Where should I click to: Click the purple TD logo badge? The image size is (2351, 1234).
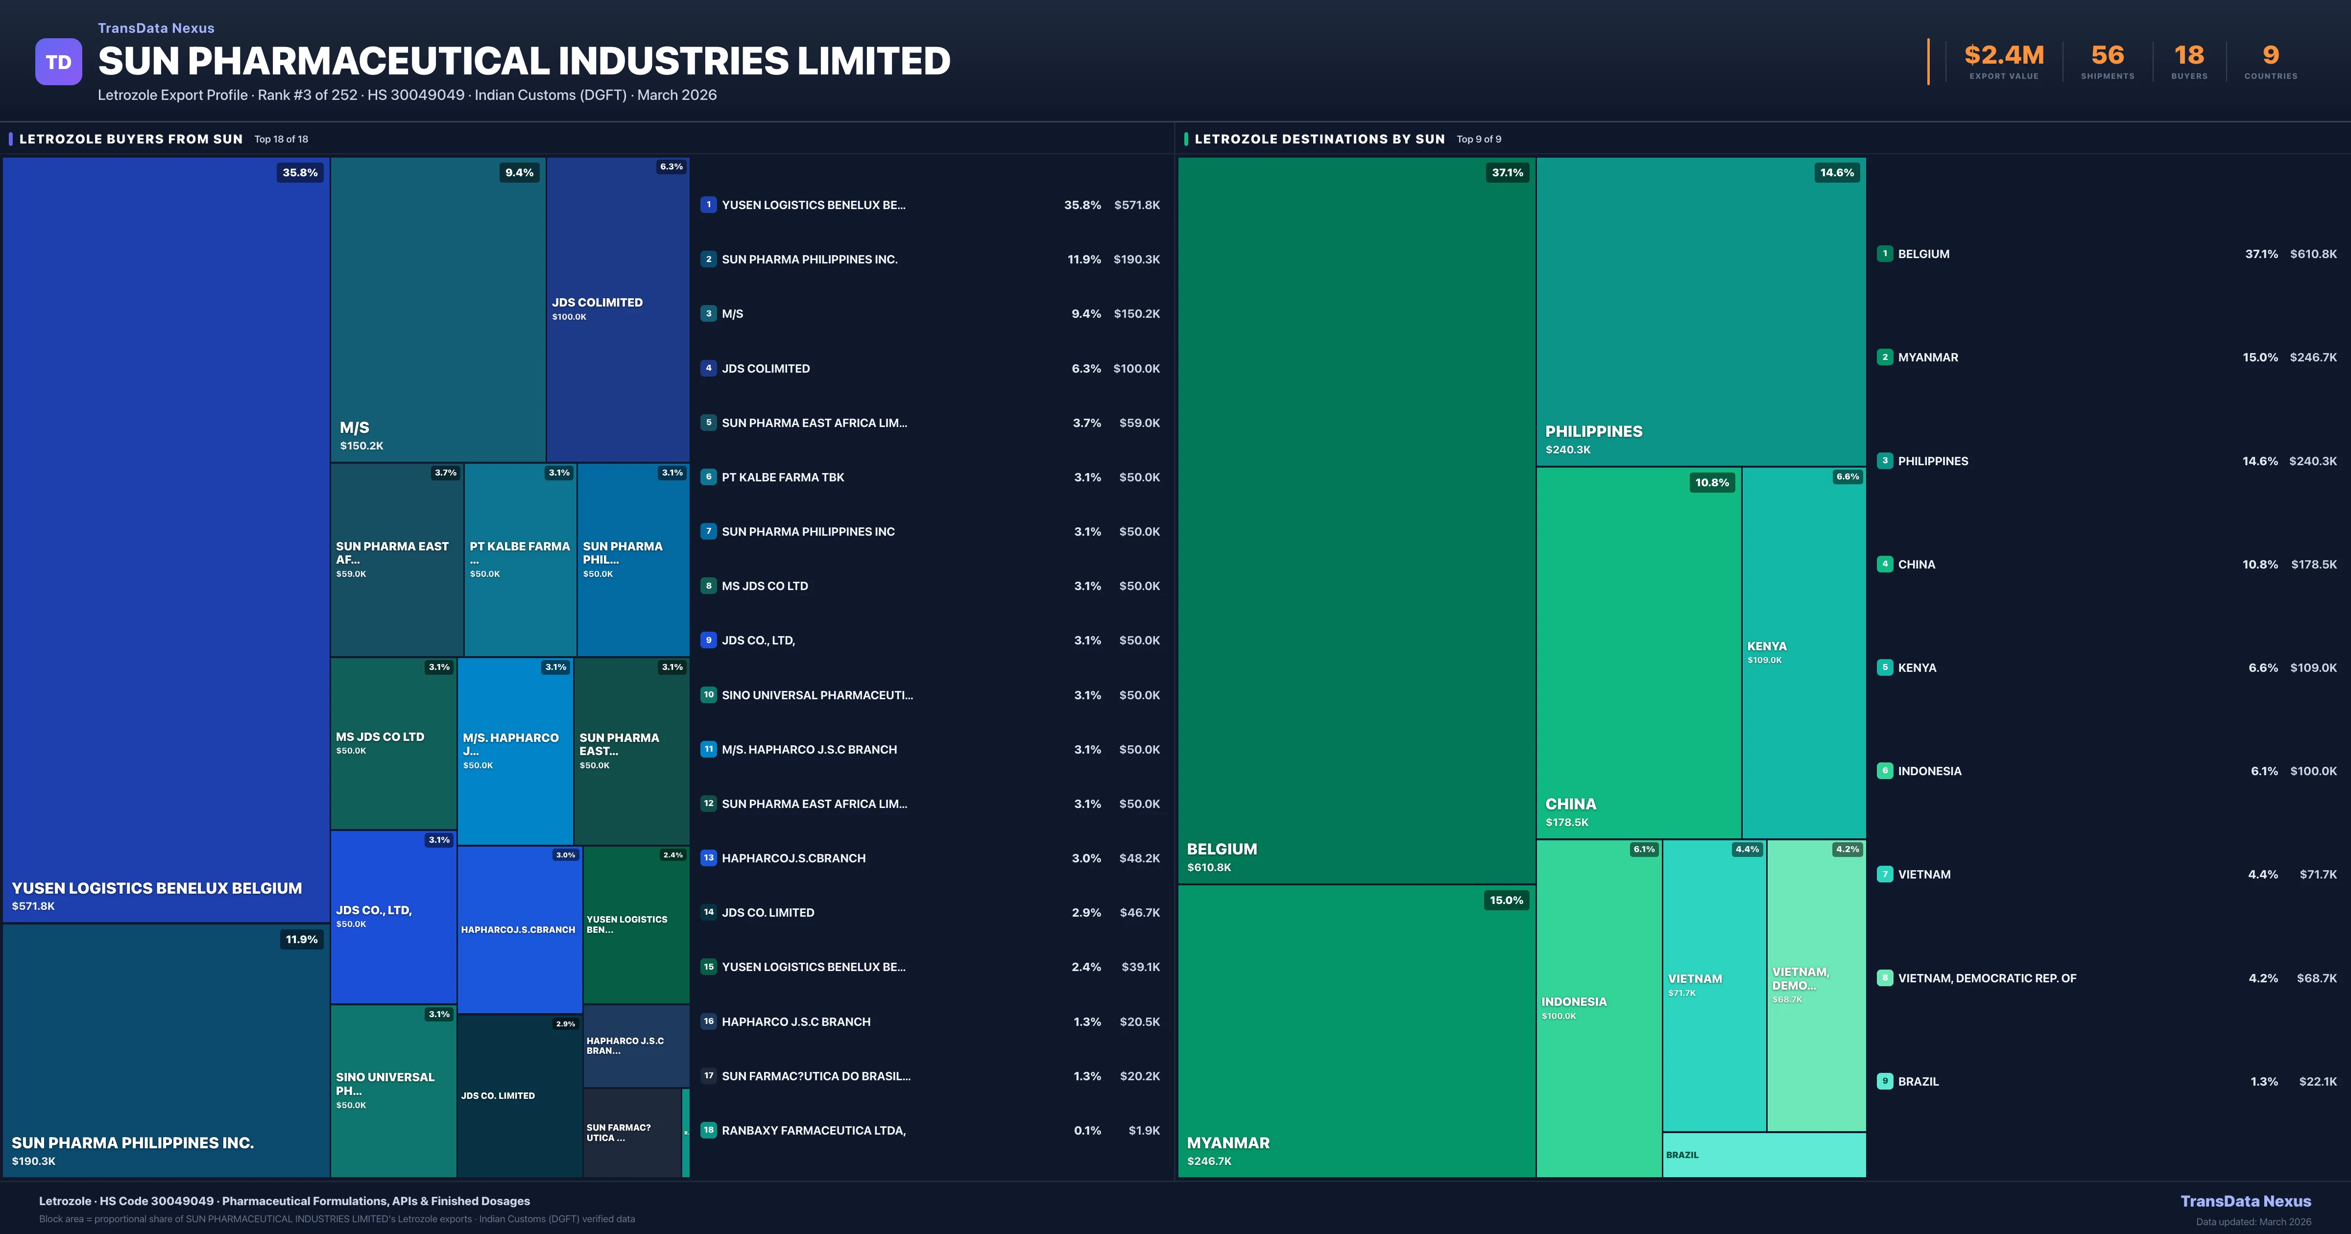(x=58, y=62)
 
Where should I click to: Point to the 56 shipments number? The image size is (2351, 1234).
(x=2107, y=56)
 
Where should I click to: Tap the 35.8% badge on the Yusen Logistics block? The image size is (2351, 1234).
(x=300, y=172)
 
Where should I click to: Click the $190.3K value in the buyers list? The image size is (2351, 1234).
(x=1136, y=259)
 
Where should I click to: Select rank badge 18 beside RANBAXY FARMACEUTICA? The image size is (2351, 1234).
(x=708, y=1130)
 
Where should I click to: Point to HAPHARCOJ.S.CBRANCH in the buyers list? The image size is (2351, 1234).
(x=793, y=858)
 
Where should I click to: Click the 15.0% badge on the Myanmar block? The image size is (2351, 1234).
(x=1506, y=900)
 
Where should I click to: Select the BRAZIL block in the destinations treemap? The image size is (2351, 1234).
(x=1763, y=1155)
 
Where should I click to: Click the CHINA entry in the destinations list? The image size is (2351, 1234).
(x=1917, y=564)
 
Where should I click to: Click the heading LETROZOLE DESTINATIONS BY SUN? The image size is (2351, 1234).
(x=1319, y=139)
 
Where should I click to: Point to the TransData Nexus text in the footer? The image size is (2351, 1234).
(x=2245, y=1201)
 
